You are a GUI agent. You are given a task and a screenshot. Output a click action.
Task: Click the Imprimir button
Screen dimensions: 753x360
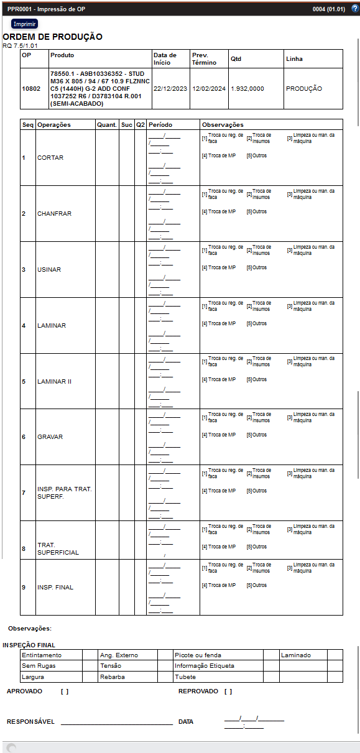[24, 24]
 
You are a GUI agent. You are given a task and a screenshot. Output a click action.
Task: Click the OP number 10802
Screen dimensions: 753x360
[31, 89]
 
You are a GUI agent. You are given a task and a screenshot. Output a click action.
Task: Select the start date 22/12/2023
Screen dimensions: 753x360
[170, 89]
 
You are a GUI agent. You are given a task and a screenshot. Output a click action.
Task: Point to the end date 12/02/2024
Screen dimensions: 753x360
[209, 89]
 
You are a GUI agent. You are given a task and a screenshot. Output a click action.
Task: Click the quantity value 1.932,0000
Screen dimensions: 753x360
[247, 89]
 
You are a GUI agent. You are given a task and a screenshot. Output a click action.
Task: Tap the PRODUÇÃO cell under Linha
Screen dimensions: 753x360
[304, 89]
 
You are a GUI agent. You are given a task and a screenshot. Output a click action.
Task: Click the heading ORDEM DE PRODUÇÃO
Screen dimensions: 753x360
[53, 37]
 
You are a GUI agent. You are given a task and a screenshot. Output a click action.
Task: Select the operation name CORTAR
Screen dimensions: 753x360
[50, 158]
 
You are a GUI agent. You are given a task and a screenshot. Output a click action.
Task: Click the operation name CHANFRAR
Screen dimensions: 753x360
[54, 214]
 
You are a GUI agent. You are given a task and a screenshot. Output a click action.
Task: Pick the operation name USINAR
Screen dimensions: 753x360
[49, 270]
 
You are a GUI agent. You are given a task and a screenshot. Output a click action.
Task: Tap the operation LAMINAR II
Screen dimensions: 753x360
[55, 382]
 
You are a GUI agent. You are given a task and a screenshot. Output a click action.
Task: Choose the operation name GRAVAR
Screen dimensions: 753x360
[50, 437]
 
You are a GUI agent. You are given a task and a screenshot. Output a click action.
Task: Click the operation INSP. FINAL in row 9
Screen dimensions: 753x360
[55, 588]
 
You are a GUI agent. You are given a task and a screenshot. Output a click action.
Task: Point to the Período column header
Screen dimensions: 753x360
[160, 125]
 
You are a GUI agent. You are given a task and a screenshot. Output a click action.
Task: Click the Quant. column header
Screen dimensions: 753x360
[107, 125]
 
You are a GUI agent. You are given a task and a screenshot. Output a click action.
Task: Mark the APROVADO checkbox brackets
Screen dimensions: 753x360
[65, 691]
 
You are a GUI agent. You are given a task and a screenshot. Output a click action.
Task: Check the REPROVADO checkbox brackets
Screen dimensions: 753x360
[228, 691]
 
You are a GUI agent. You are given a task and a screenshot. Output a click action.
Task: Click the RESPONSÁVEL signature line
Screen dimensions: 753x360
[116, 722]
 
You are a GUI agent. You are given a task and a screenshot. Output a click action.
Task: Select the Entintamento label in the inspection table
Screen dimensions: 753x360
[42, 655]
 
